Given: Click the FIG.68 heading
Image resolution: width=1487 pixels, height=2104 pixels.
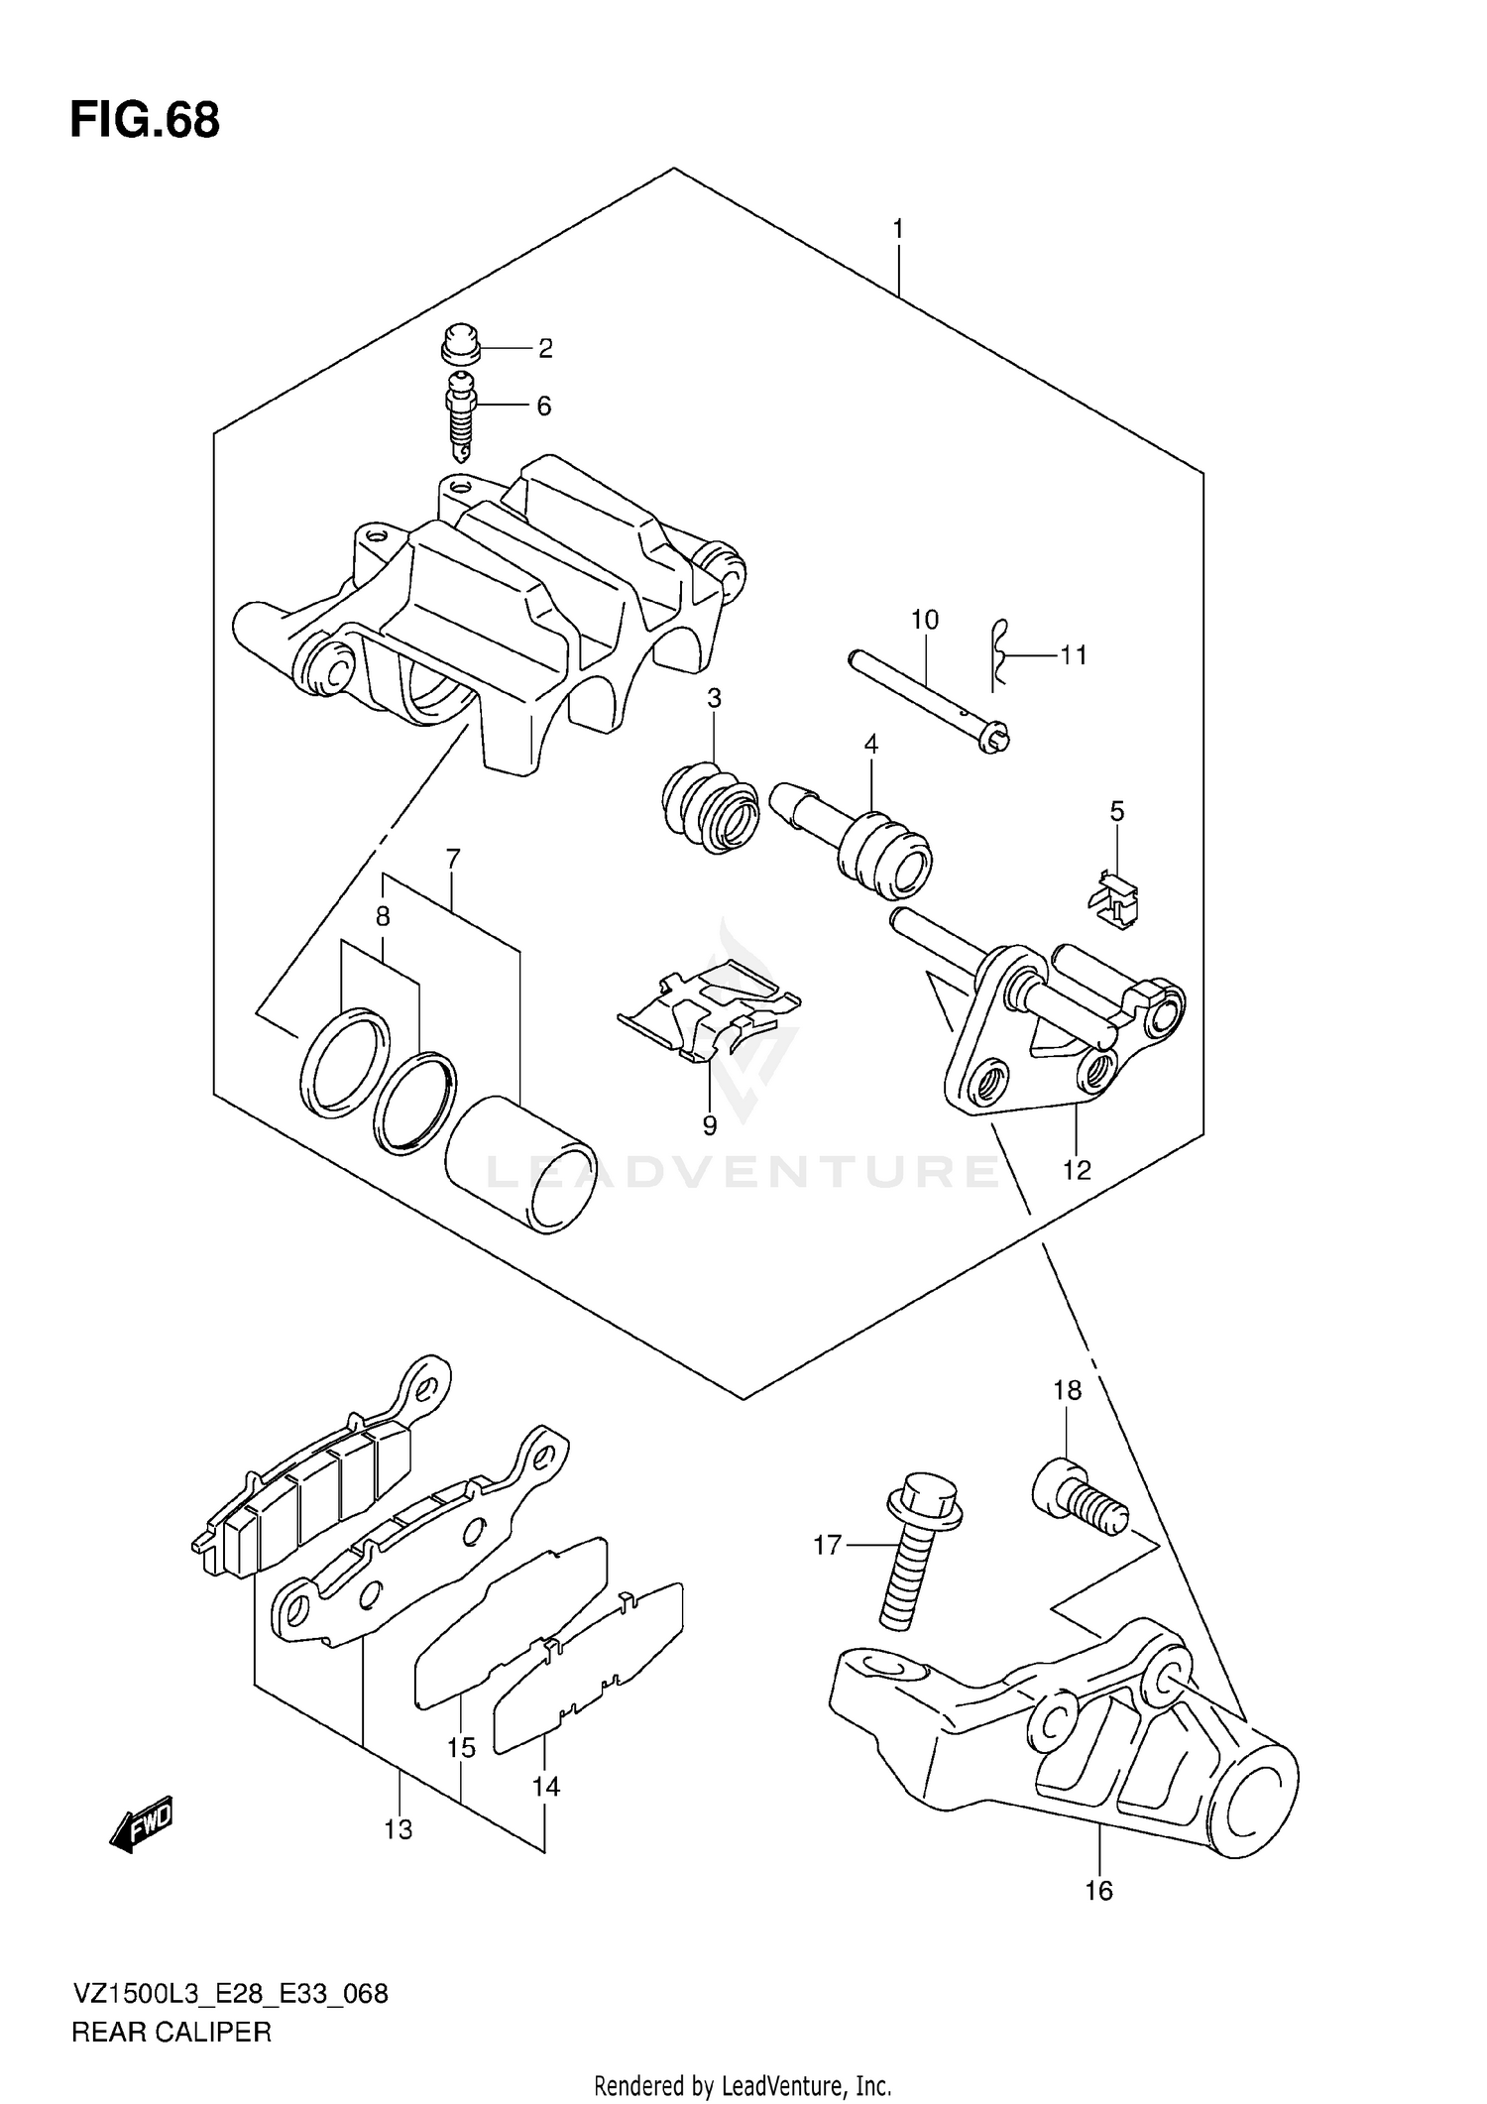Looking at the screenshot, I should tap(145, 121).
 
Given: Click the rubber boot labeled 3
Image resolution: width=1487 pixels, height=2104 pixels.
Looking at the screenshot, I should tap(710, 806).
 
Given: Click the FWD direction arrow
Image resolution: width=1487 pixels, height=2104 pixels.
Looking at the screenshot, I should tap(141, 1822).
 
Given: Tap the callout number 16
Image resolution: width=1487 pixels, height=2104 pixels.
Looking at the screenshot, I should tap(1098, 1891).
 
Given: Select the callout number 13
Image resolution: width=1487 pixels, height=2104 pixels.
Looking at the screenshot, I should tap(398, 1829).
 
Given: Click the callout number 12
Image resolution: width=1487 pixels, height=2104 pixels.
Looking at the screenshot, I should tap(1077, 1171).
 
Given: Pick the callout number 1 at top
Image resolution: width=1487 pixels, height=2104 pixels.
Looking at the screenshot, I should tap(897, 230).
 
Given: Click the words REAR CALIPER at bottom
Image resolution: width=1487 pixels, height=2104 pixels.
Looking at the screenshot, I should tap(171, 2033).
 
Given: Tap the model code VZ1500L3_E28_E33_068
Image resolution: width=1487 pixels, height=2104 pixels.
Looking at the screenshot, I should tap(230, 1994).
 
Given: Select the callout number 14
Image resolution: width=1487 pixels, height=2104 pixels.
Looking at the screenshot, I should tap(545, 1787).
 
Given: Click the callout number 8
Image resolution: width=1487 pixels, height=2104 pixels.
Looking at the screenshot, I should tap(383, 916).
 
